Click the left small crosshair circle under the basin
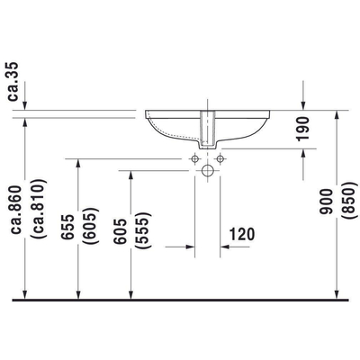tap(193, 158)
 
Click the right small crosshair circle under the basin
tap(220, 158)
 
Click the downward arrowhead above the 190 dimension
tap(303, 106)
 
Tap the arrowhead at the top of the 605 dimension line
tap(131, 174)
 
